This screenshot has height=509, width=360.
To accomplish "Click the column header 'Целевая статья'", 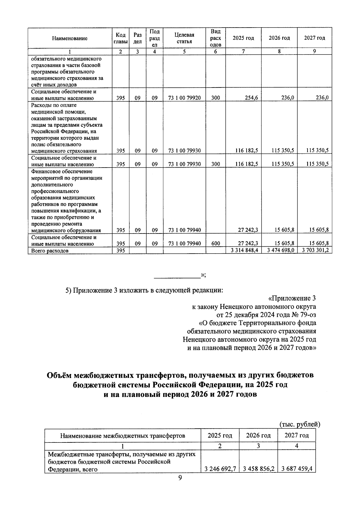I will (x=184, y=38).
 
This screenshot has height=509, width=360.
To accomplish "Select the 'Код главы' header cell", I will (x=120, y=38).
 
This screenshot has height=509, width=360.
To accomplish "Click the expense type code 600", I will (x=215, y=244).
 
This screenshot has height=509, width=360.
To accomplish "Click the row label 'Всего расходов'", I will (x=50, y=251).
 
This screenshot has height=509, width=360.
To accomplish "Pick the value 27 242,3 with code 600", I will (x=248, y=244).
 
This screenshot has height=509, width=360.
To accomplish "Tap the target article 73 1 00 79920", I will (x=184, y=98).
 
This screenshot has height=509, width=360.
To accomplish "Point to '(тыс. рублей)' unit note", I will (x=300, y=424).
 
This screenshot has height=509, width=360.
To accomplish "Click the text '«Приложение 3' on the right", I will (x=292, y=298).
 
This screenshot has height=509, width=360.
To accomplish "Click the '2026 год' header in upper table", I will (x=279, y=38).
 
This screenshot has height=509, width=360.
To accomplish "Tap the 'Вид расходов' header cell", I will (x=215, y=38).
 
